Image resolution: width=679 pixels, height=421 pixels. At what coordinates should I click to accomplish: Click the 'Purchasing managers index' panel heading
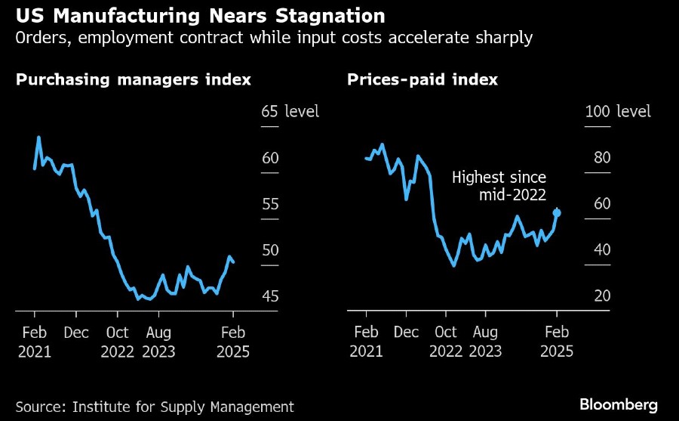pyautogui.click(x=134, y=79)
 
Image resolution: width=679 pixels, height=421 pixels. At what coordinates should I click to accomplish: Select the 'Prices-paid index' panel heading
pyautogui.click(x=422, y=79)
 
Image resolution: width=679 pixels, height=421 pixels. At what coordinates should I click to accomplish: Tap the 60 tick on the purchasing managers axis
pyautogui.click(x=270, y=158)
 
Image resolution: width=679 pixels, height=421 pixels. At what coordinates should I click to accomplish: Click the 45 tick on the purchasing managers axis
pyautogui.click(x=270, y=296)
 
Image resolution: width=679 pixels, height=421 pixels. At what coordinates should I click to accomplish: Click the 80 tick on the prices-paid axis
pyautogui.click(x=602, y=158)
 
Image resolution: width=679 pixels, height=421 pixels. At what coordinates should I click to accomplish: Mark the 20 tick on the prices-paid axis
pyautogui.click(x=602, y=296)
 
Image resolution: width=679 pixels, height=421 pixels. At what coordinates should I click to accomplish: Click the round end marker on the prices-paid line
pyautogui.click(x=557, y=212)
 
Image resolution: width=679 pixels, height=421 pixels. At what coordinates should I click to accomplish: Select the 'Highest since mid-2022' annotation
pyautogui.click(x=499, y=186)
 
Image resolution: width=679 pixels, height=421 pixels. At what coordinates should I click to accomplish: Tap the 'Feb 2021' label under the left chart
pyautogui.click(x=34, y=342)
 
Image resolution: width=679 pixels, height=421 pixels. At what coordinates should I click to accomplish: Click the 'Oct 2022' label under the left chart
pyautogui.click(x=117, y=342)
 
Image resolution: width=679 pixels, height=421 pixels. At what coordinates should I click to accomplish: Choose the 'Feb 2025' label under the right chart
pyautogui.click(x=557, y=342)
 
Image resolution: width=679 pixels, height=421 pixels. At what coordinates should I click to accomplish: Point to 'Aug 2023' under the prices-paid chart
pyautogui.click(x=485, y=342)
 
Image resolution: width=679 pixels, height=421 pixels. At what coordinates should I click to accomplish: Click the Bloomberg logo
pyautogui.click(x=619, y=404)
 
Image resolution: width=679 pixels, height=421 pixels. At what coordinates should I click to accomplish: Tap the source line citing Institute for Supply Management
pyautogui.click(x=155, y=407)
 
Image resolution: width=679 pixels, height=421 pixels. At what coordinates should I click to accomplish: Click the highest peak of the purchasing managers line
pyautogui.click(x=38, y=138)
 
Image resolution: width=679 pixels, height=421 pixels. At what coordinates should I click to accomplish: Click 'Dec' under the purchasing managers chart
pyautogui.click(x=75, y=333)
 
